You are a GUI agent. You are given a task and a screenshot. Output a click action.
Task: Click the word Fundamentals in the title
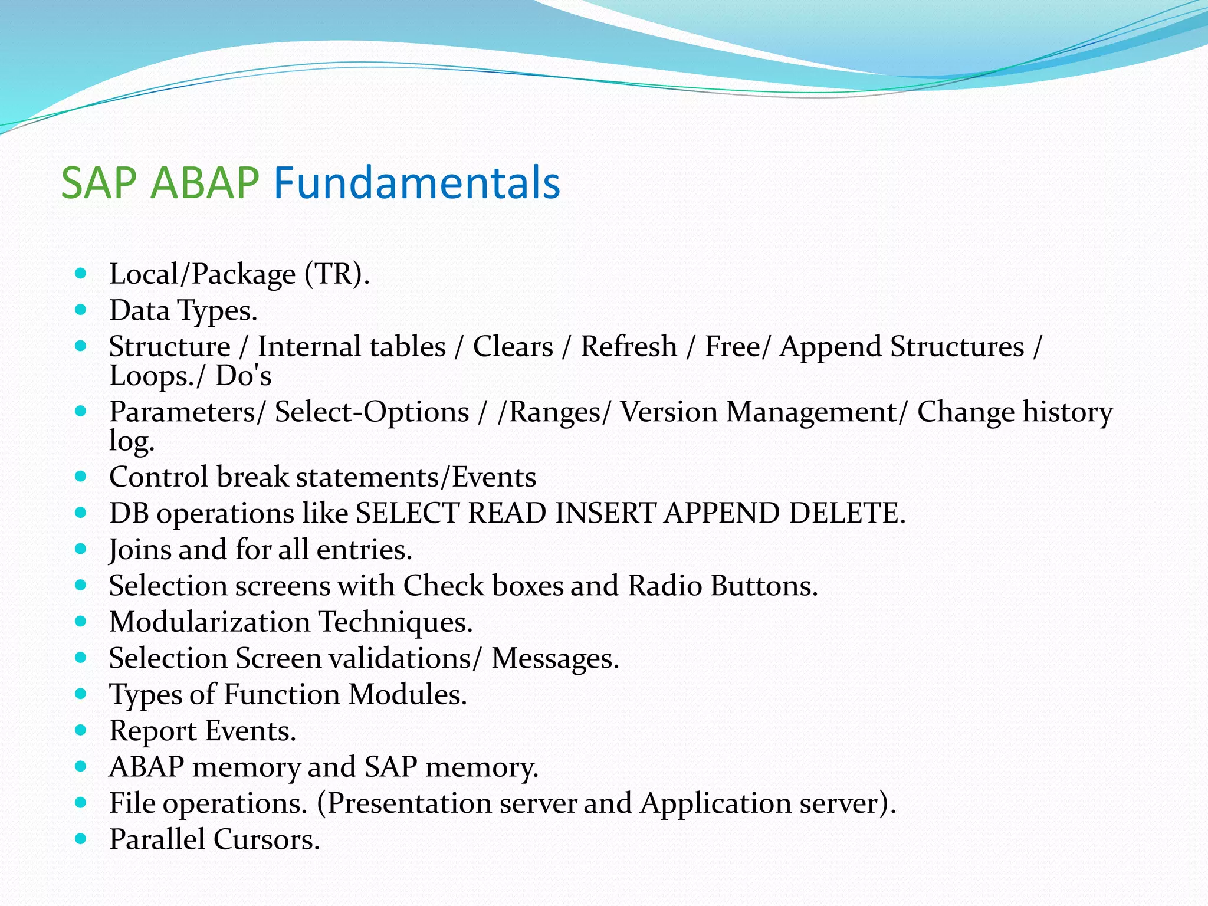(416, 183)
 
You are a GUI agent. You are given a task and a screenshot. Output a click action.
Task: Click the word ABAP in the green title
(205, 183)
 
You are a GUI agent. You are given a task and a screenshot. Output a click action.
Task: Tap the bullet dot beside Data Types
(81, 309)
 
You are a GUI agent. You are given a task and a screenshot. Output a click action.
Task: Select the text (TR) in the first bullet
(337, 274)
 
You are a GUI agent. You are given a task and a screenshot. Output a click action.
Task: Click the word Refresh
(629, 346)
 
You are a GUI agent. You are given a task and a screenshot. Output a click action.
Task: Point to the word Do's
(243, 376)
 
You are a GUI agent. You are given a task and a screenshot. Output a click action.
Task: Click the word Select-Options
(372, 412)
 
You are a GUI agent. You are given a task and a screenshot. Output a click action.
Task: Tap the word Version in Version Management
(669, 412)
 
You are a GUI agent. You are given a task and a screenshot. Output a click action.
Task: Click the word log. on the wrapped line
(132, 441)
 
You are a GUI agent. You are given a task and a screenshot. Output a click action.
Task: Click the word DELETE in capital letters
(846, 513)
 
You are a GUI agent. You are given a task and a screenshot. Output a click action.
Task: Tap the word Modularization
(209, 622)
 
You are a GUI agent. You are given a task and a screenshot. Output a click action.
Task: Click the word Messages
(555, 658)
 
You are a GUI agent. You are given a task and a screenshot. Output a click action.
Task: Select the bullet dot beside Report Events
(81, 730)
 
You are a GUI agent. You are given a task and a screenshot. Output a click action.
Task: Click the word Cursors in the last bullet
(266, 839)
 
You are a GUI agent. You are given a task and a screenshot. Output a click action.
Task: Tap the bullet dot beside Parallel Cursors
(81, 838)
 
